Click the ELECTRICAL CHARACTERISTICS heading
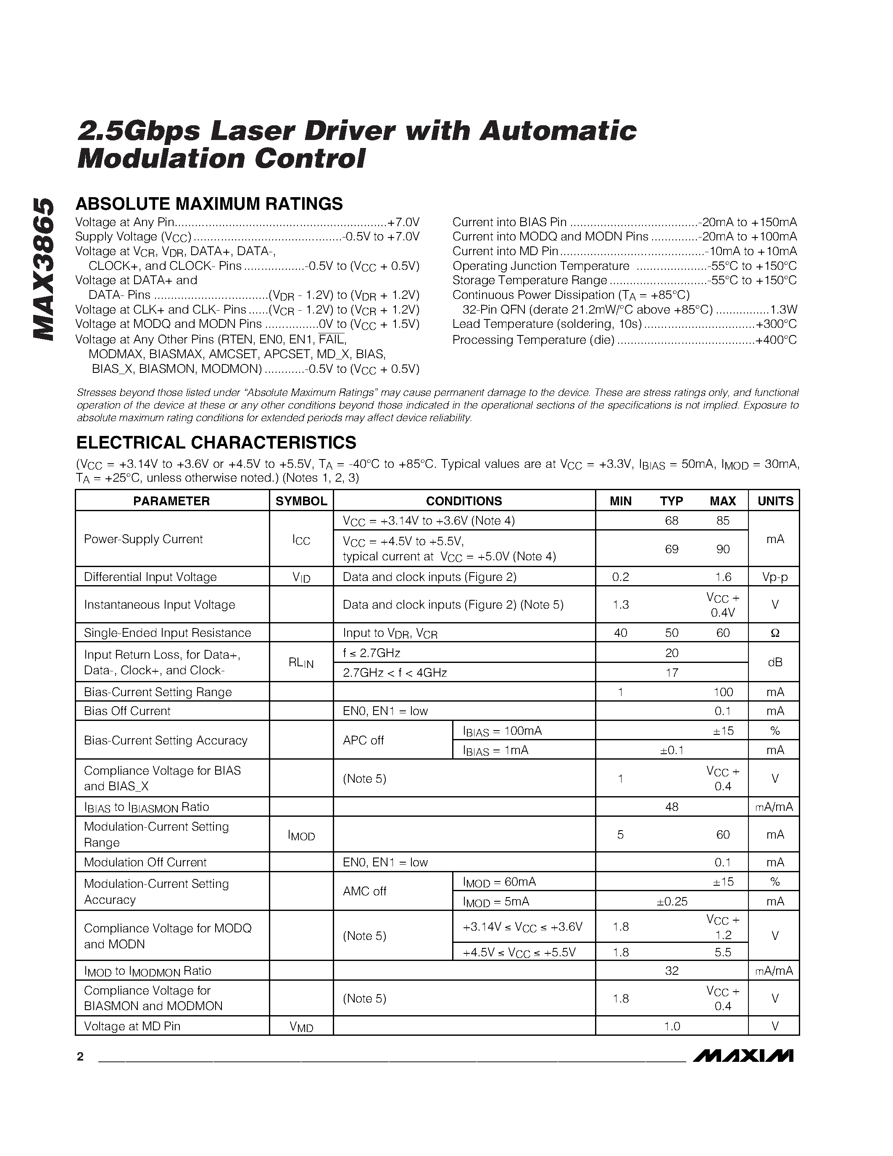click(216, 442)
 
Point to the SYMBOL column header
click(301, 501)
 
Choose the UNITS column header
click(775, 501)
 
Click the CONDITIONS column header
click(464, 501)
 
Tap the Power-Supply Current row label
click(143, 539)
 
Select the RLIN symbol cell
click(301, 662)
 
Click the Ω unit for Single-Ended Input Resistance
click(775, 633)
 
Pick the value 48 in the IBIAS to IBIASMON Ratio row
click(672, 807)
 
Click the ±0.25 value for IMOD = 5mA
click(672, 901)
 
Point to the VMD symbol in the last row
click(301, 1027)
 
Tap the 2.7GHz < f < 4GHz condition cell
click(395, 673)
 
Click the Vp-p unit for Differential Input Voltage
click(775, 577)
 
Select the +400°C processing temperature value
click(776, 340)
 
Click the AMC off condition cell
click(364, 891)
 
